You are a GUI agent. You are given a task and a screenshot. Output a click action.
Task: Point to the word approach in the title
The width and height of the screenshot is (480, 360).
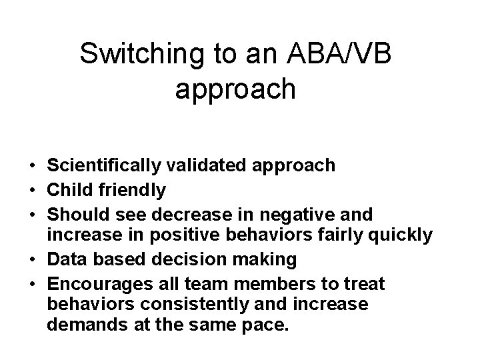click(x=235, y=89)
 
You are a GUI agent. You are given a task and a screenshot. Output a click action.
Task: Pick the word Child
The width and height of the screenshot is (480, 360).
click(x=71, y=190)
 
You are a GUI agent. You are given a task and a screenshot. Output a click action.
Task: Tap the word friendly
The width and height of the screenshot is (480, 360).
click(x=133, y=190)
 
